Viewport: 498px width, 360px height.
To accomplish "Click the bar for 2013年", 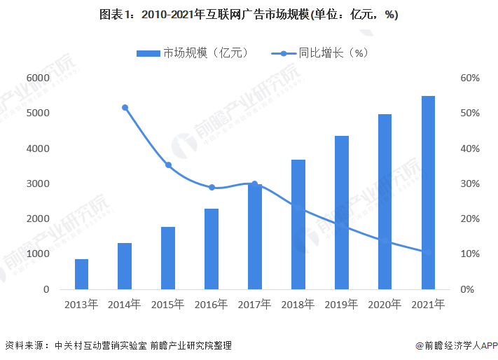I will (82, 274).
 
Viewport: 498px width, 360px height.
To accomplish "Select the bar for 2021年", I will (428, 193).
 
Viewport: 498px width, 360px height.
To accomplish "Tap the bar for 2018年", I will (298, 224).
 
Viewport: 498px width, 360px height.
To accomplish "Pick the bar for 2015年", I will (168, 258).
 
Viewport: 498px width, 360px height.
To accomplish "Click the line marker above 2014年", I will (125, 108).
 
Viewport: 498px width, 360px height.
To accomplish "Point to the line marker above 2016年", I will (212, 188).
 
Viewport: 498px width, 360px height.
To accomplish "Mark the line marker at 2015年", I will (168, 165).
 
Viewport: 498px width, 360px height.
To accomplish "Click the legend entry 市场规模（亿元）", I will (193, 53).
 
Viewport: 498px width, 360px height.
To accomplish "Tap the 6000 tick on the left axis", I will (37, 78).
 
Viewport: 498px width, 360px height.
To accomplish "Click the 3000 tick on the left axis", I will (37, 184).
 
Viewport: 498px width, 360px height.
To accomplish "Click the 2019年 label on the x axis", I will (341, 305).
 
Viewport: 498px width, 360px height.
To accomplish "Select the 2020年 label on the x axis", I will (385, 305).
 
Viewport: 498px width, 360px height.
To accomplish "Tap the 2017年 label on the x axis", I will (255, 305).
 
